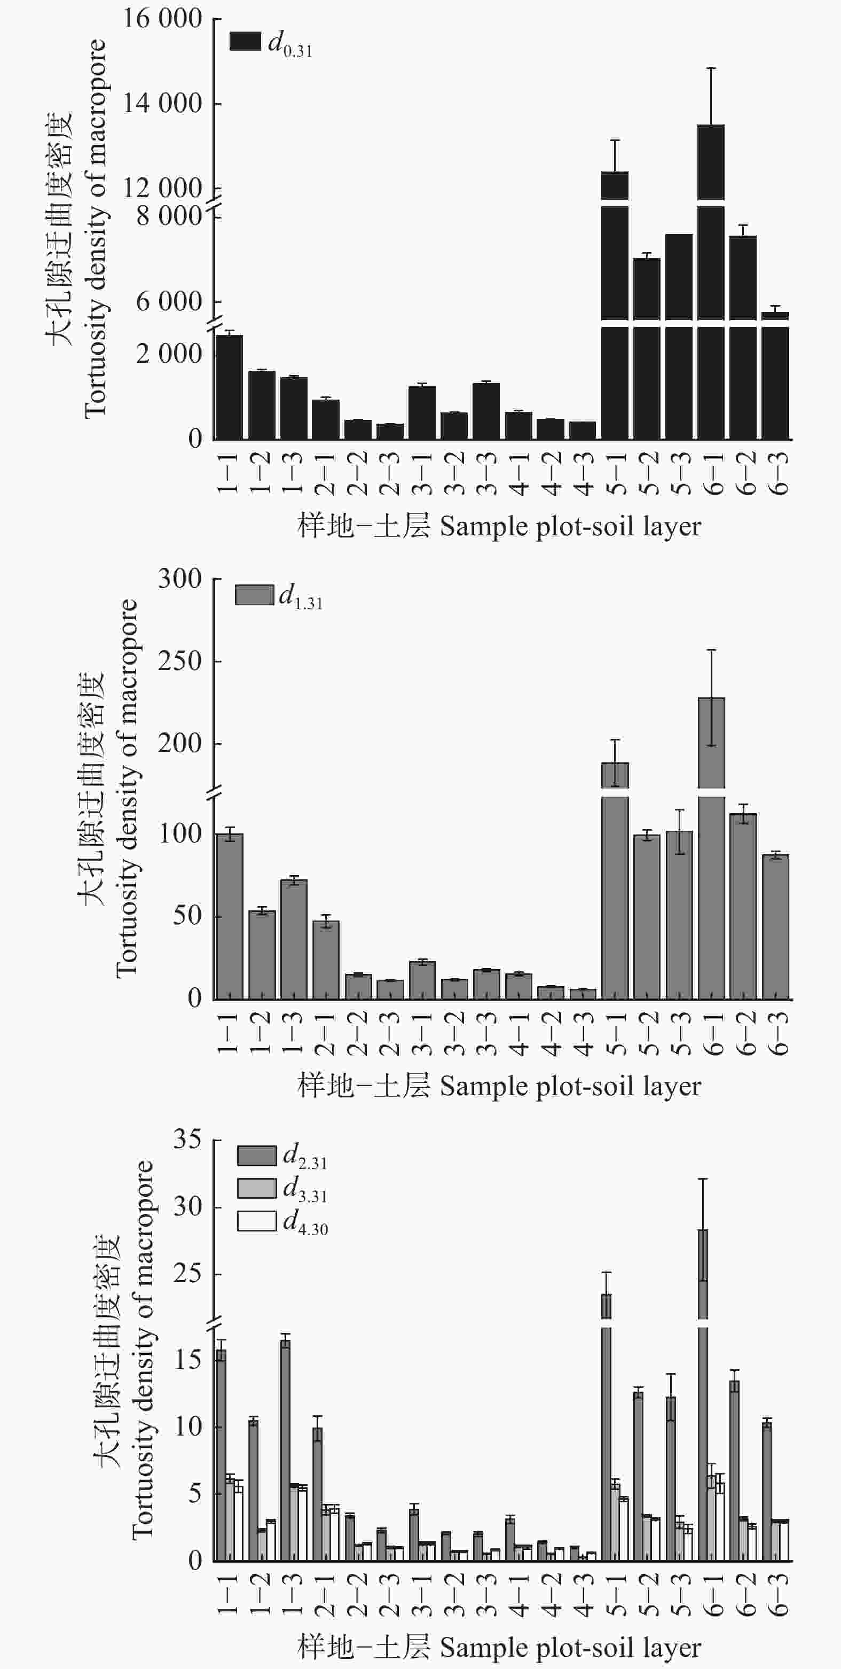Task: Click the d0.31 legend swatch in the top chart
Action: click(246, 41)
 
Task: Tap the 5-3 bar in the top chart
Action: click(679, 337)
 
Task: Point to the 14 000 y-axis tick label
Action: click(162, 103)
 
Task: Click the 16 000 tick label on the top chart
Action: click(162, 18)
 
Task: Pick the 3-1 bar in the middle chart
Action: click(422, 980)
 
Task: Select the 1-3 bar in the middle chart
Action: click(294, 939)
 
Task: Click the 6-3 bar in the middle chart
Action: click(775, 927)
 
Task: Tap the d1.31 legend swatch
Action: click(255, 595)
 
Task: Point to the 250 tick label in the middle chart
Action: click(180, 661)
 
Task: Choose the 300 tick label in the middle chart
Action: click(180, 579)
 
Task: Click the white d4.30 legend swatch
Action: click(256, 1221)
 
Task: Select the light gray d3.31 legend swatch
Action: click(256, 1188)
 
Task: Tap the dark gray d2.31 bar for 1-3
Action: click(286, 1452)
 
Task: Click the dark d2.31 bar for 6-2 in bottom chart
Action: click(734, 1471)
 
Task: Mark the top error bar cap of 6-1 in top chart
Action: click(711, 68)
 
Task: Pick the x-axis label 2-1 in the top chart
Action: click(326, 474)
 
